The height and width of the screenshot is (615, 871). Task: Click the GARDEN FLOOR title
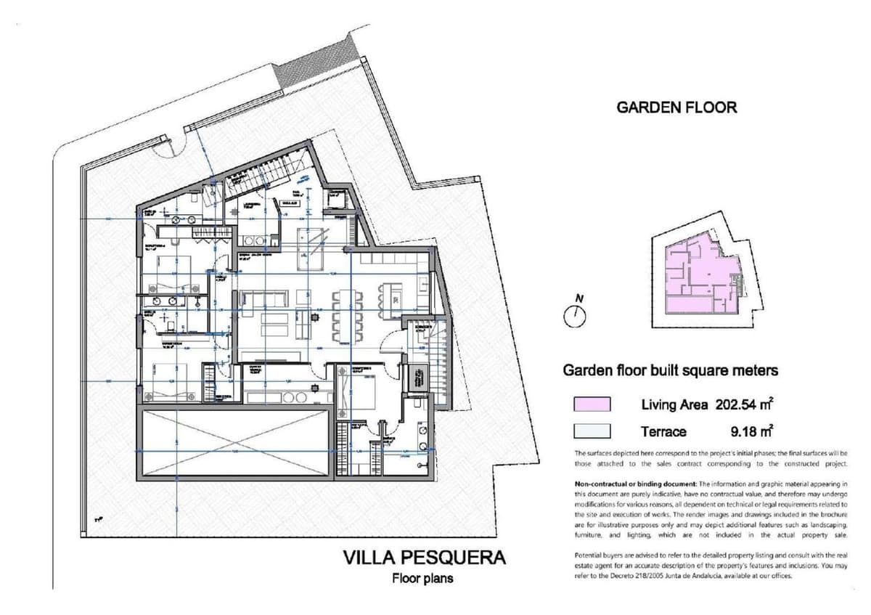(676, 107)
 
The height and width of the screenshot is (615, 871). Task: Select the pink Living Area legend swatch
(592, 404)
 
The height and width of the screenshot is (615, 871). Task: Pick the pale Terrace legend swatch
(592, 431)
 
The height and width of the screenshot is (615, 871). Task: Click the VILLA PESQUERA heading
(424, 558)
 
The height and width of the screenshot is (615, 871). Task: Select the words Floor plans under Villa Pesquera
(423, 579)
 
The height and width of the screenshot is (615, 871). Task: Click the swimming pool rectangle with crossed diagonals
(234, 442)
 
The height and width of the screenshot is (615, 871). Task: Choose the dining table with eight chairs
(347, 315)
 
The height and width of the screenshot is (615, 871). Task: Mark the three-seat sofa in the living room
(264, 297)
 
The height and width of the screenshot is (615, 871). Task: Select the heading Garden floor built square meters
(671, 370)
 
